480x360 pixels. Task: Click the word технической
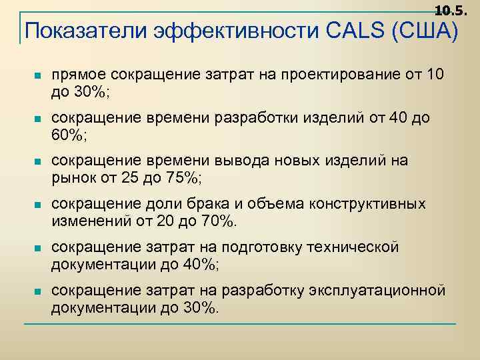tap(352, 247)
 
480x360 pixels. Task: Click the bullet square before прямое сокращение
tap(37, 75)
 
